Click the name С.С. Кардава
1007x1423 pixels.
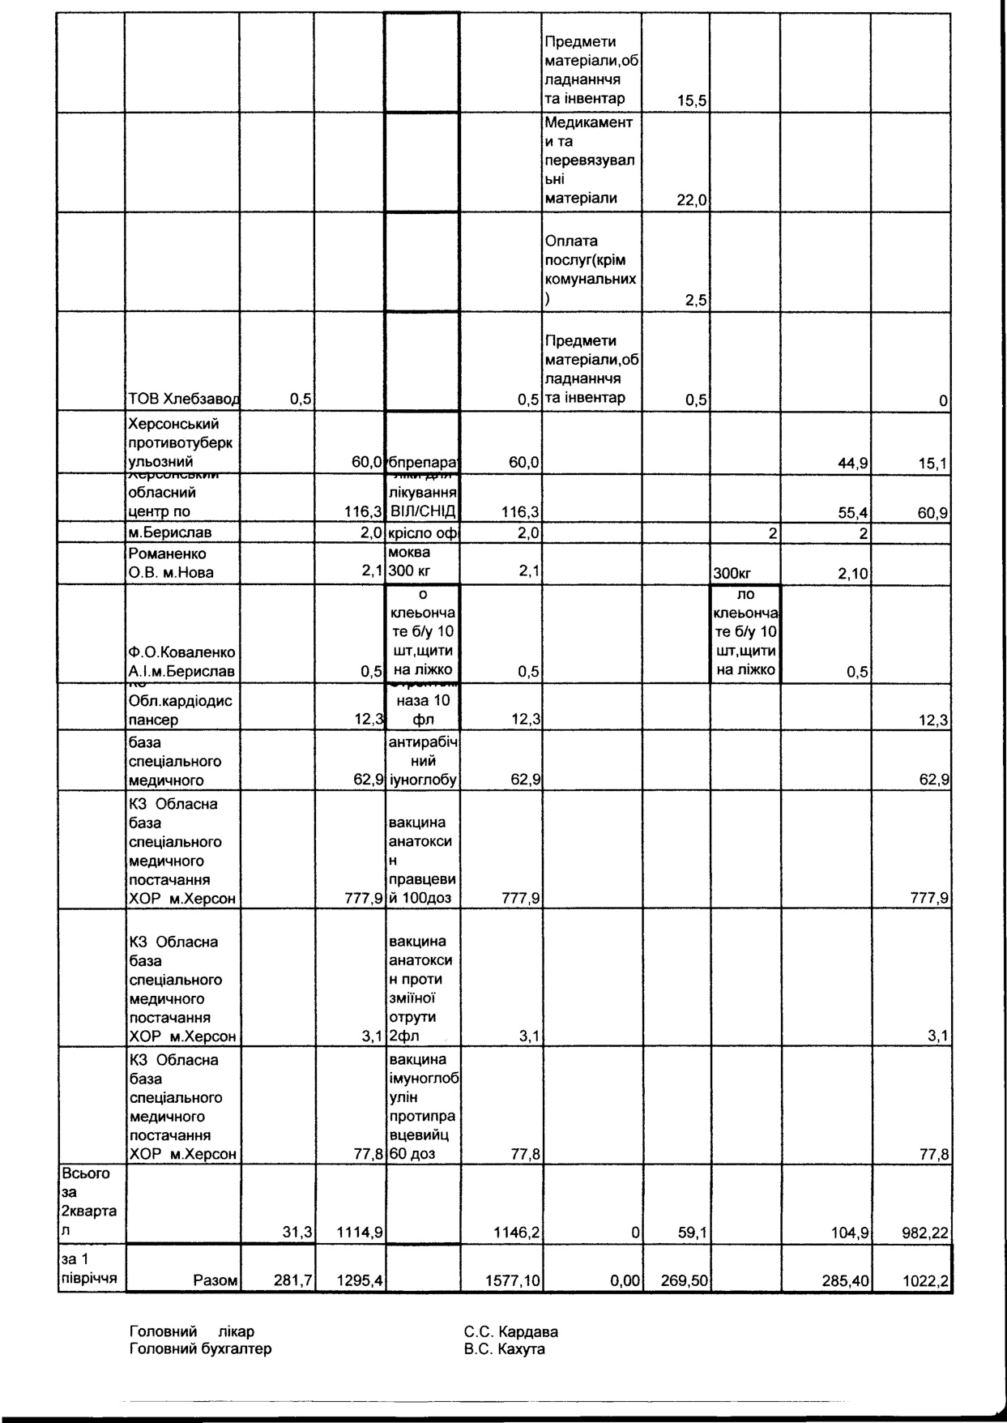510,1331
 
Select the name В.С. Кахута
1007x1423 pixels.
504,1348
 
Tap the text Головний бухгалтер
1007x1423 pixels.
200,1348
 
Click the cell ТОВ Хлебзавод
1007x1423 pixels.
183,399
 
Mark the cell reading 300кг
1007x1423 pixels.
732,574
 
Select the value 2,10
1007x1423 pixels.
851,574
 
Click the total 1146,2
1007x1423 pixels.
518,1233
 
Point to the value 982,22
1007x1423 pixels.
925,1233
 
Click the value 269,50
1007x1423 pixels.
685,1280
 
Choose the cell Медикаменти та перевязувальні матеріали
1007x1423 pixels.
591,161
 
